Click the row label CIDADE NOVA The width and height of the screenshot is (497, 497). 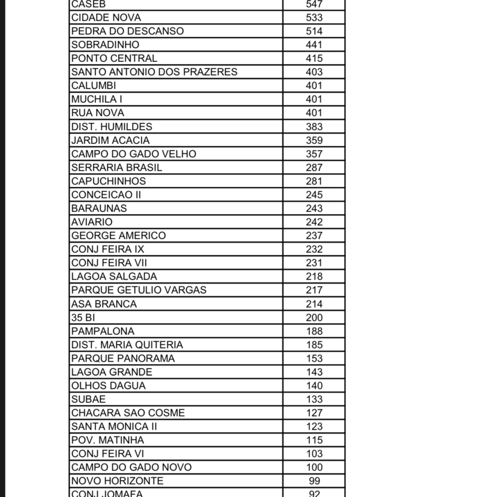(106, 17)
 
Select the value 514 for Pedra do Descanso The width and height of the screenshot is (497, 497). (314, 31)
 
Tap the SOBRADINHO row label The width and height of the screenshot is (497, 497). (105, 45)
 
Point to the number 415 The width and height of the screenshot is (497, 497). (314, 58)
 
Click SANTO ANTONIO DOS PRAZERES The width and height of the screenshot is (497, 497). (154, 72)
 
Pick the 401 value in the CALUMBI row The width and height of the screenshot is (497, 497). (314, 85)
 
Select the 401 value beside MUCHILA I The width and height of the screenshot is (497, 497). (314, 99)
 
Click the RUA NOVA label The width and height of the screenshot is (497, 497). (98, 113)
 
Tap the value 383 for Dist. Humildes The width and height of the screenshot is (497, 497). (314, 127)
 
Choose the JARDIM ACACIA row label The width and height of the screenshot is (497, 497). (110, 140)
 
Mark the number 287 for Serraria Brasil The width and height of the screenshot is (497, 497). (314, 167)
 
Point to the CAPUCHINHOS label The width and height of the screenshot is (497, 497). (108, 181)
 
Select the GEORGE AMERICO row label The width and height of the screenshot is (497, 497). (118, 235)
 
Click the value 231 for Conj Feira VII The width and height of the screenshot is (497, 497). (314, 263)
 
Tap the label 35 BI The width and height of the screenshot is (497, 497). (83, 317)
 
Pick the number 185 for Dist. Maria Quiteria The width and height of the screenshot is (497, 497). (314, 345)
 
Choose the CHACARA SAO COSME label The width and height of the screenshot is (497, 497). (128, 413)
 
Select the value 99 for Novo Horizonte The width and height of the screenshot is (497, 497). (314, 481)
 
